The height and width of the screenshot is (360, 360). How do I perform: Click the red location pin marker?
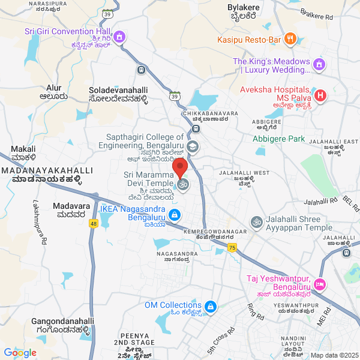[x=180, y=167]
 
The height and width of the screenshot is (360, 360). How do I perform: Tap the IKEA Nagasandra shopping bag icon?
[x=173, y=215]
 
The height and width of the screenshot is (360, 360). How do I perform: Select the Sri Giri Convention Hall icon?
[x=119, y=37]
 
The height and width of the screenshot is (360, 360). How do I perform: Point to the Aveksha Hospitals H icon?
[x=320, y=95]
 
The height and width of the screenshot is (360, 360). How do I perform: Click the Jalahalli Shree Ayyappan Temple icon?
[x=256, y=222]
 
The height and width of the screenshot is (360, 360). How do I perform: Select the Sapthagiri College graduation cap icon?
[x=192, y=146]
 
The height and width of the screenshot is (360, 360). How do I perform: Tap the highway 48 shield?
[x=93, y=224]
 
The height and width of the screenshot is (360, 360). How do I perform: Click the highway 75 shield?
[x=232, y=247]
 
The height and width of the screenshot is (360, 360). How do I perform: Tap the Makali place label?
[x=23, y=149]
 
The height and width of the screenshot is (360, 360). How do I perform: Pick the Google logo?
[x=20, y=352]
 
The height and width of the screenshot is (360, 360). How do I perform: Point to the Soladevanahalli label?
[x=118, y=89]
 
